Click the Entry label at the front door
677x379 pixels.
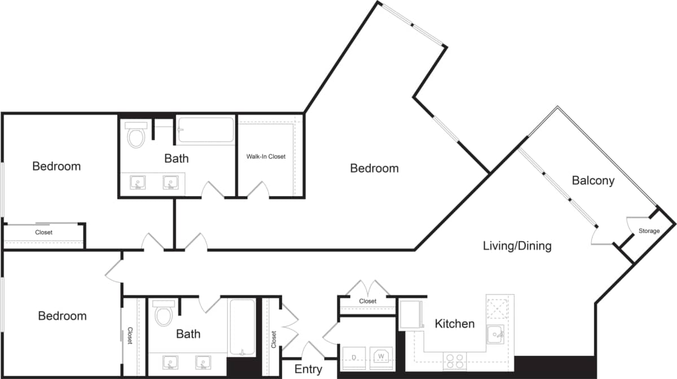pyautogui.click(x=309, y=369)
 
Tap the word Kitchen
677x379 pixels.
pyautogui.click(x=454, y=324)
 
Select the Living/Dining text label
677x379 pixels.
pyautogui.click(x=517, y=246)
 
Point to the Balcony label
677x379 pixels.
pyautogui.click(x=593, y=181)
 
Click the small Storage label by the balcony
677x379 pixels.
pyautogui.click(x=649, y=231)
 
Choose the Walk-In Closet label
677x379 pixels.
pyautogui.click(x=266, y=156)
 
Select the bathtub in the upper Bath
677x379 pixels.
pyautogui.click(x=205, y=130)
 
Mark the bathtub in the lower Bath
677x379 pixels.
pyautogui.click(x=242, y=326)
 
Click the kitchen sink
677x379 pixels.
pyautogui.click(x=496, y=334)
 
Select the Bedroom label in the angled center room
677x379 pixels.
pyautogui.click(x=374, y=168)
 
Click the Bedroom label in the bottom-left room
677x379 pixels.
pyautogui.click(x=62, y=316)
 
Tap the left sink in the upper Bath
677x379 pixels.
pyautogui.click(x=138, y=182)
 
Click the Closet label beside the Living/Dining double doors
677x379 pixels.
pyautogui.click(x=368, y=301)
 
